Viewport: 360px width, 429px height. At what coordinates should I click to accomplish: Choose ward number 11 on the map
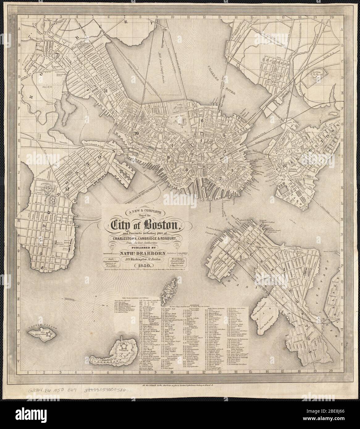tap(106, 91)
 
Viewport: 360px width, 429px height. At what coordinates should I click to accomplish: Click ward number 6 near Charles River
tap(203, 120)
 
